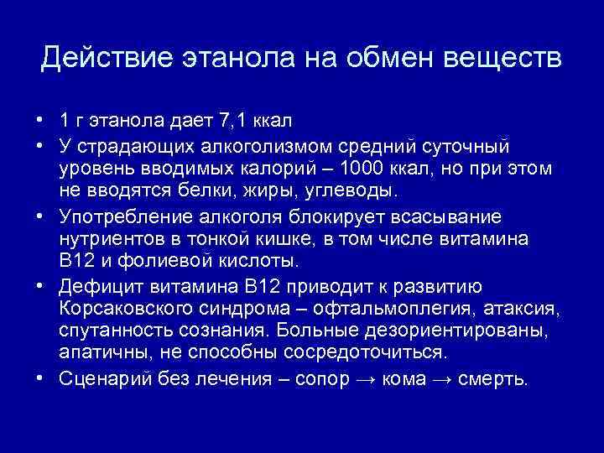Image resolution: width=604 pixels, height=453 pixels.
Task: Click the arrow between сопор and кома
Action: [367, 379]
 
